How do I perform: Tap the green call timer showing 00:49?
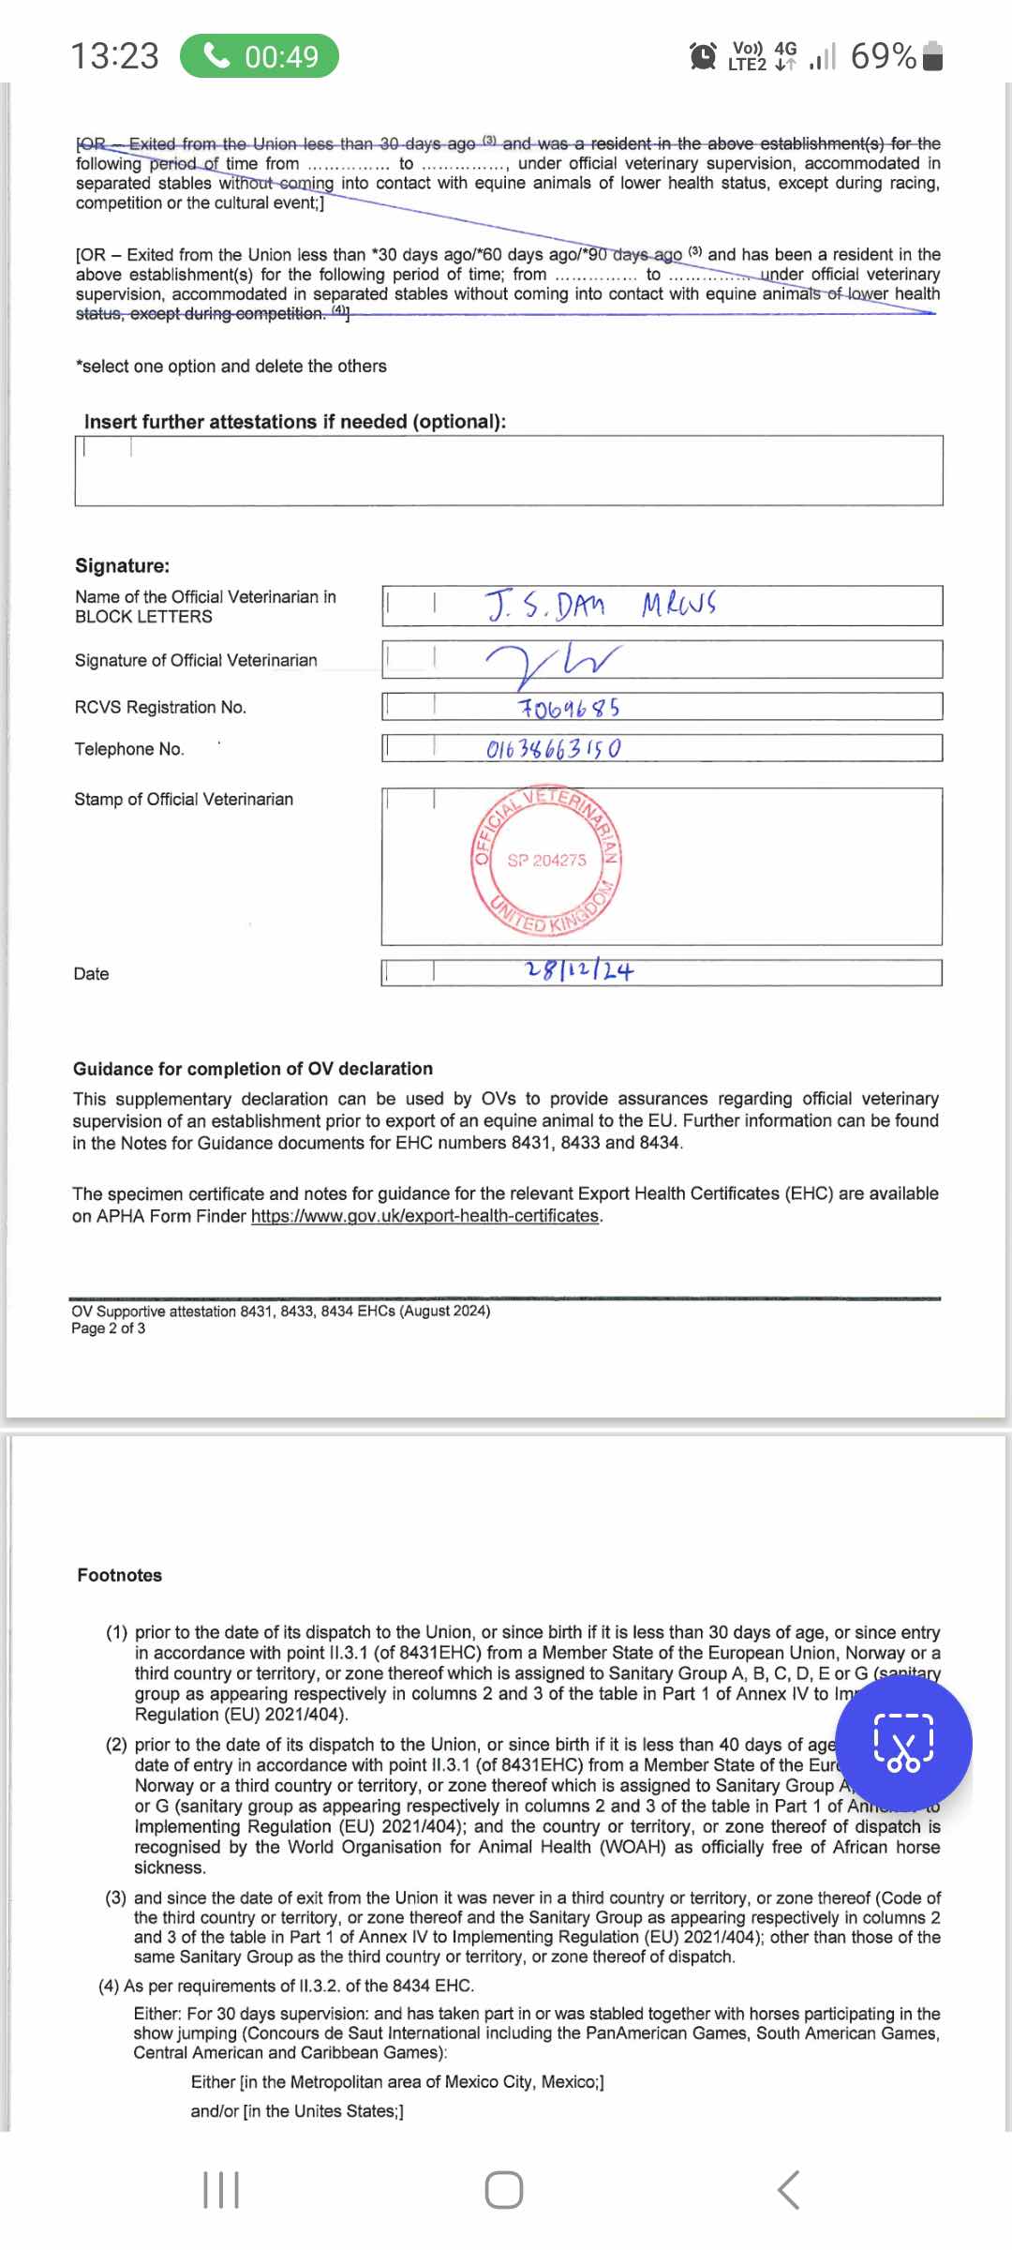pyautogui.click(x=260, y=56)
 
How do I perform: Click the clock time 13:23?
pyautogui.click(x=115, y=56)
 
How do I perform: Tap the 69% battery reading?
pyautogui.click(x=883, y=56)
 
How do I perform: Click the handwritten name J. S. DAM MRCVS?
pyautogui.click(x=600, y=606)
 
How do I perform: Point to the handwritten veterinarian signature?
pyautogui.click(x=553, y=661)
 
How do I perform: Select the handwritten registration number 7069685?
pyautogui.click(x=569, y=708)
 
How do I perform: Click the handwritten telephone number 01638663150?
pyautogui.click(x=553, y=749)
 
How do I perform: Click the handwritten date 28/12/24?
pyautogui.click(x=579, y=970)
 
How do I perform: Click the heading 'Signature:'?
pyautogui.click(x=123, y=565)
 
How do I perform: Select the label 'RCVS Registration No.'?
pyautogui.click(x=160, y=707)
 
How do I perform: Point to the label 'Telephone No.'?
pyautogui.click(x=129, y=749)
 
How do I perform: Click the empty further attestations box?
pyautogui.click(x=509, y=471)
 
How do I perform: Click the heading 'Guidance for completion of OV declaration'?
pyautogui.click(x=253, y=1069)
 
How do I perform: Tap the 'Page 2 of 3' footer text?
pyautogui.click(x=108, y=1328)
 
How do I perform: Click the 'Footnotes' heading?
pyautogui.click(x=120, y=1575)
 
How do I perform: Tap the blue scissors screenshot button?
pyautogui.click(x=903, y=1743)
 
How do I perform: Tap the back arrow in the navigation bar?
pyautogui.click(x=789, y=2190)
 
